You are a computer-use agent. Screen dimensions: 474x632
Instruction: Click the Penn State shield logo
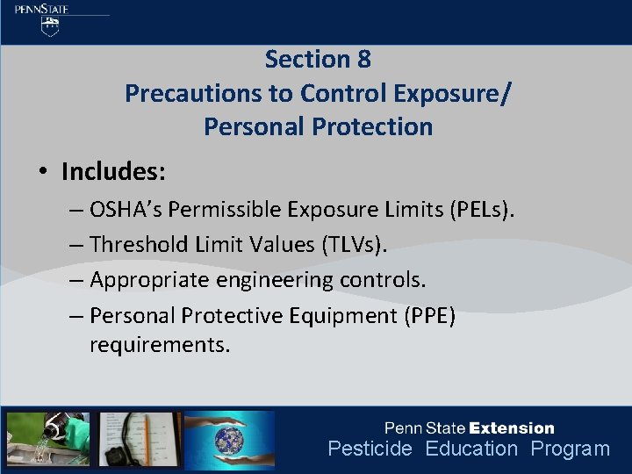tap(51, 26)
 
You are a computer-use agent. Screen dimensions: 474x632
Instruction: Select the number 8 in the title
tap(363, 60)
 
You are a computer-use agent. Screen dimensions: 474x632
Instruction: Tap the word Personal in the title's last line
tap(255, 126)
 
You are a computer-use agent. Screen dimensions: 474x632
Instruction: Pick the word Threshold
tap(139, 245)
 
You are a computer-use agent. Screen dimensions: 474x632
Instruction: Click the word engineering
tap(291, 280)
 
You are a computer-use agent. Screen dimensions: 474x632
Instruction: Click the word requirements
tap(160, 344)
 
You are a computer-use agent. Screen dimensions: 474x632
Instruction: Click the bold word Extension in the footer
tap(512, 428)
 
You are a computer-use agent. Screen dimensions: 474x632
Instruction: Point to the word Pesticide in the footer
tap(370, 449)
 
